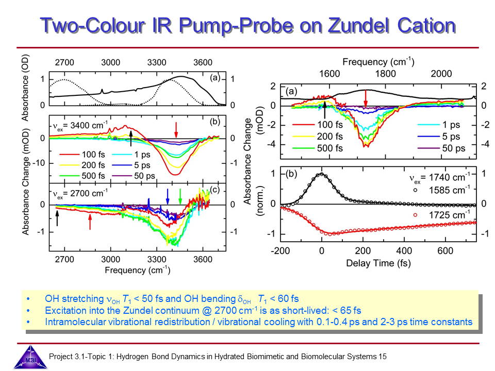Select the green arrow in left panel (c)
(180, 196)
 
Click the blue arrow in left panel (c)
(167, 196)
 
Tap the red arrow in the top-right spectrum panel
(366, 97)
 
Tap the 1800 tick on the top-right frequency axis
(386, 74)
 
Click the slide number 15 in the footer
(382, 356)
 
